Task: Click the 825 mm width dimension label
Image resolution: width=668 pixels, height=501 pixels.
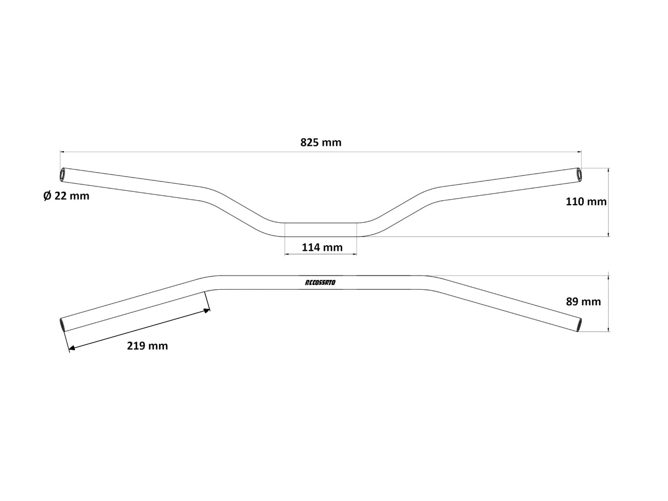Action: click(321, 143)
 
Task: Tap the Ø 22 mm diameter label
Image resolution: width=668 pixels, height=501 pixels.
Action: click(66, 196)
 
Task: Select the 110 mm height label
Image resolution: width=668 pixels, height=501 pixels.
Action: click(586, 202)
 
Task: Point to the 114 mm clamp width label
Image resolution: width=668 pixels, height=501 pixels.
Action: click(322, 247)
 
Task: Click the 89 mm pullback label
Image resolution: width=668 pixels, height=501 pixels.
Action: click(583, 301)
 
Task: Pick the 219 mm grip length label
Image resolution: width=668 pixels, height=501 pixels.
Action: click(147, 346)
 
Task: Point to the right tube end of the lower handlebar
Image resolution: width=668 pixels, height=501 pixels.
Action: click(578, 324)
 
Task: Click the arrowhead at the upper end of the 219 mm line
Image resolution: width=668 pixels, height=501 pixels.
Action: click(207, 311)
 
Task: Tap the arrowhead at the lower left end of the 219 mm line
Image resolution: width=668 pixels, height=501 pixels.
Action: click(71, 347)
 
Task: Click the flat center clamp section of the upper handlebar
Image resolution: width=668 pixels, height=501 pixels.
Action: click(320, 230)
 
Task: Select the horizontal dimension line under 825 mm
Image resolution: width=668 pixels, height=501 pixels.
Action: click(321, 151)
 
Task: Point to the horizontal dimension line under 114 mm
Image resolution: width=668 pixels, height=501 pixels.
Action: click(320, 255)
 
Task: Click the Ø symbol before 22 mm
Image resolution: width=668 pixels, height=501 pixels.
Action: click(47, 196)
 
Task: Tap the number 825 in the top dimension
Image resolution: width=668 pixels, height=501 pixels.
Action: click(310, 143)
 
